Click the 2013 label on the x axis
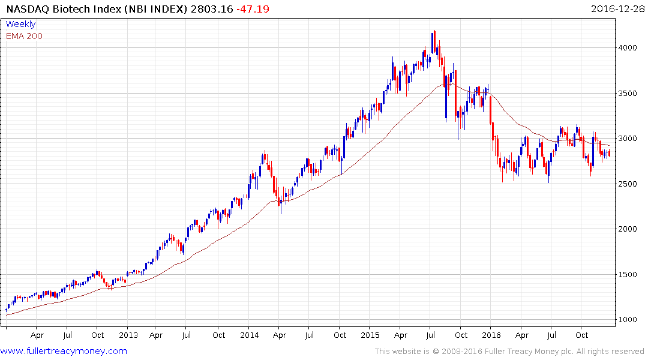tap(128, 335)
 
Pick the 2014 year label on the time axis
tap(250, 335)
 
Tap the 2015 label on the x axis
tap(371, 335)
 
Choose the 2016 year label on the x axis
tap(492, 335)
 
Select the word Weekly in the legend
tap(20, 24)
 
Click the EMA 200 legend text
tap(24, 36)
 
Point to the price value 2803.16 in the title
tap(213, 10)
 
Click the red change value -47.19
tap(252, 10)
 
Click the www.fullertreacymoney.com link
tap(64, 351)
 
